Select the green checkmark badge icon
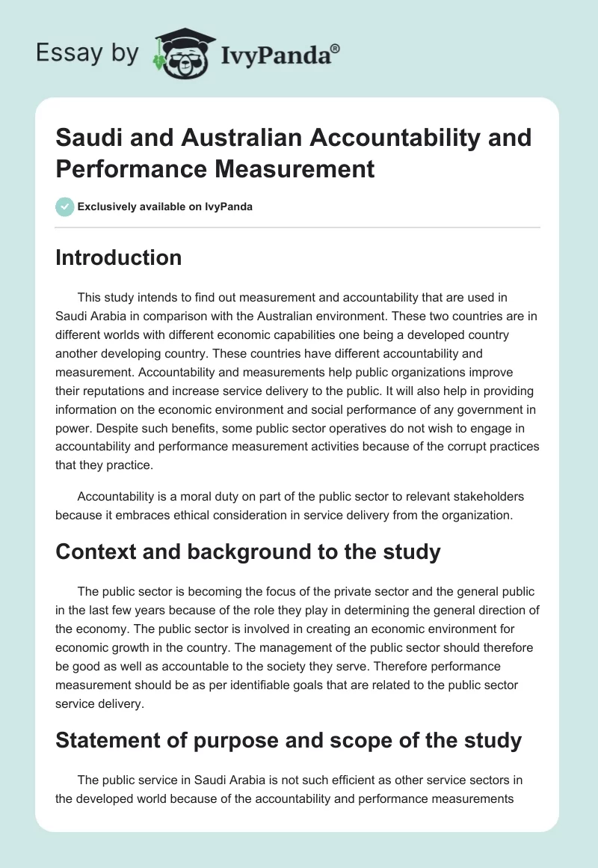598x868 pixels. click(65, 207)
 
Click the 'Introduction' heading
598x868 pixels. click(118, 257)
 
